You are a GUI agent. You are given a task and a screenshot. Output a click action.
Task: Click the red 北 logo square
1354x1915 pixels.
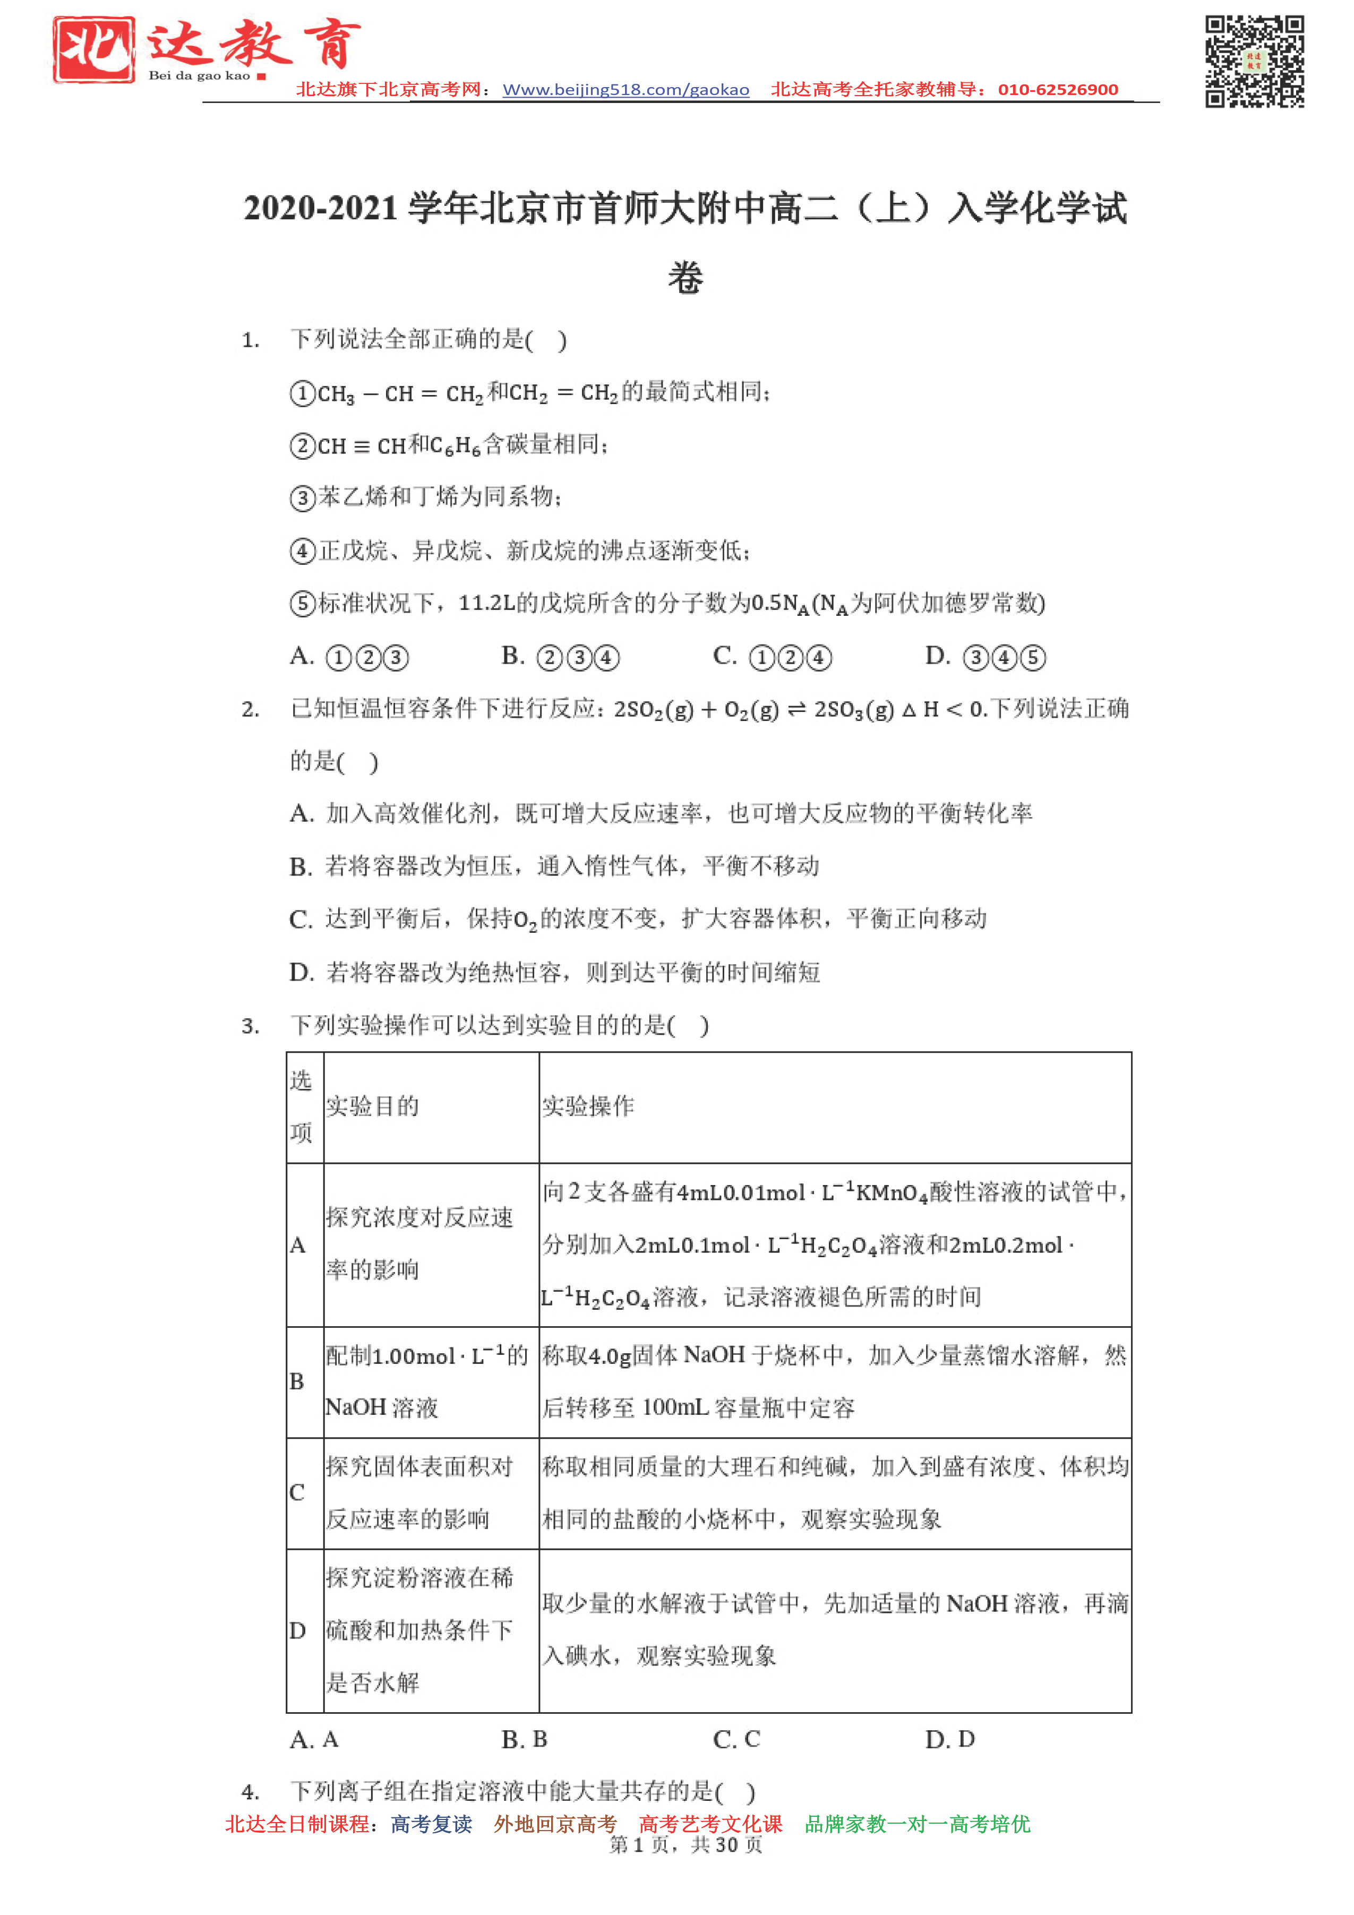coord(93,50)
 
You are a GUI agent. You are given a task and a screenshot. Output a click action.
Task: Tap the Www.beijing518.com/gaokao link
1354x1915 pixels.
coord(625,90)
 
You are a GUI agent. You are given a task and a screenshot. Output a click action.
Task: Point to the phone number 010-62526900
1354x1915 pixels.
coord(1057,90)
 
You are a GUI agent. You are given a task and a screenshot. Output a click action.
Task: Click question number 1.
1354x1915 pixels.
coord(250,340)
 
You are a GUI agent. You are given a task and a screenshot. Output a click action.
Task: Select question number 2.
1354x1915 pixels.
coord(250,710)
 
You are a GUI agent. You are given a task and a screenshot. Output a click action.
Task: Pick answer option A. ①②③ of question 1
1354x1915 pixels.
coord(349,657)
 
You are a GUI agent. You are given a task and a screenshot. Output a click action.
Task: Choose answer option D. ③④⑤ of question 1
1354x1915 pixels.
coord(985,657)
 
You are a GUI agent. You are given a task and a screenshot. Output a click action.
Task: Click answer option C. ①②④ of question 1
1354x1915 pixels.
coord(773,657)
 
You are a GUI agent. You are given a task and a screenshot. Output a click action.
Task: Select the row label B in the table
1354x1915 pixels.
coord(297,1381)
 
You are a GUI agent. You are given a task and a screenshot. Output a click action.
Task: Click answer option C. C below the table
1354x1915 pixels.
coord(736,1739)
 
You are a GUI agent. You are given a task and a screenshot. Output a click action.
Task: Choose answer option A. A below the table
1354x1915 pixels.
coord(314,1739)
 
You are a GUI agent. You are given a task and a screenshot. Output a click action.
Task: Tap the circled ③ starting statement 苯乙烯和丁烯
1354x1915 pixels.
coord(302,499)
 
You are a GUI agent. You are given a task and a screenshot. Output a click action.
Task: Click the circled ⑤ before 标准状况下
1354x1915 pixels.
coord(302,604)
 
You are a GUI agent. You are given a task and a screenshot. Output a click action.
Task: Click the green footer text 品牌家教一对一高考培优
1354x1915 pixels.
coord(917,1824)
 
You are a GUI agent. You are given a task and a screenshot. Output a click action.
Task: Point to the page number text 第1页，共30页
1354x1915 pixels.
coord(685,1845)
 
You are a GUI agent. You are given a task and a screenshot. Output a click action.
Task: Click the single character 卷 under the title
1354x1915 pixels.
coord(685,278)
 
